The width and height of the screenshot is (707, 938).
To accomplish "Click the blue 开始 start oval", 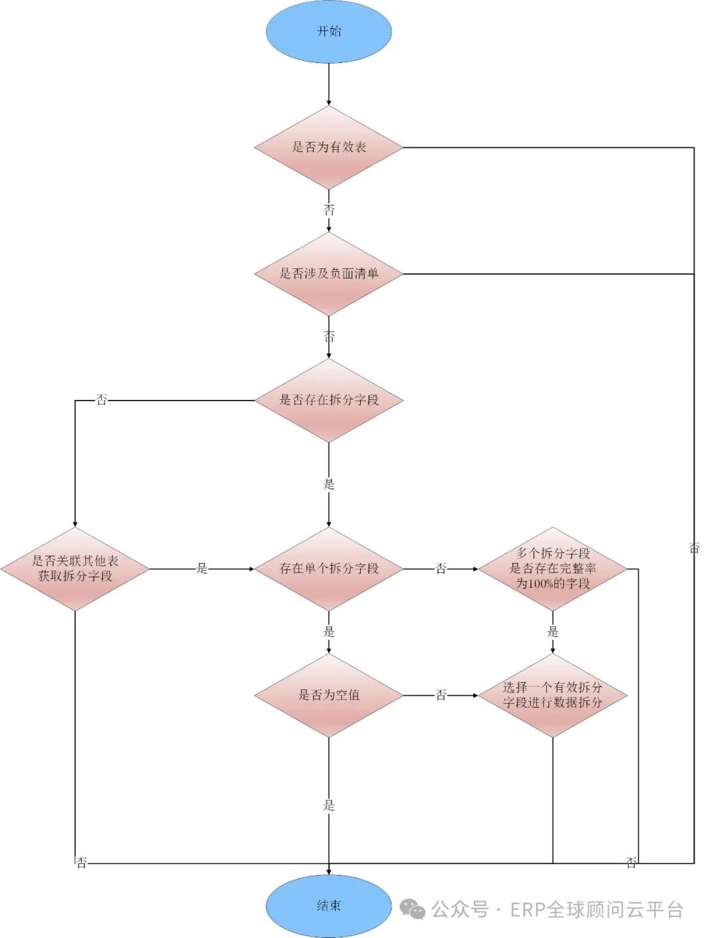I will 329,31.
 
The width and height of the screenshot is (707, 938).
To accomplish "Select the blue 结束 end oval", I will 329,906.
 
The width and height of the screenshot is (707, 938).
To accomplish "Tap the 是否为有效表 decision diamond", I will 329,147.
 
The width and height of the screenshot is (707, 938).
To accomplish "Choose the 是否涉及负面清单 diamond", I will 329,274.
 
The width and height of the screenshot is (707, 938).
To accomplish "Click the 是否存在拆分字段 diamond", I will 329,400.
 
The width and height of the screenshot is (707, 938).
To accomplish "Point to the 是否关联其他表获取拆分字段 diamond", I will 75,569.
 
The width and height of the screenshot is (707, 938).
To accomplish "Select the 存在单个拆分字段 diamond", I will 329,569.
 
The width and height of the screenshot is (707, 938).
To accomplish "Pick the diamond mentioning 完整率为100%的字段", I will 553,569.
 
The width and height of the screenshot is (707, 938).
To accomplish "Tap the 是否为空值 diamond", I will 329,695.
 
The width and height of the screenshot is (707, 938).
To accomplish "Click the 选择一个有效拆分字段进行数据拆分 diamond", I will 553,695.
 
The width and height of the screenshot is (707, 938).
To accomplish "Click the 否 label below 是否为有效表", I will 329,210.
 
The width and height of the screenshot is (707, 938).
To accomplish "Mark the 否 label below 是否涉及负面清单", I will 329,336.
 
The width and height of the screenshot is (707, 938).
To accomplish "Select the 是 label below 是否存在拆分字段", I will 329,484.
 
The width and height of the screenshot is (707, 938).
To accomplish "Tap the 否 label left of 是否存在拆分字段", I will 101,400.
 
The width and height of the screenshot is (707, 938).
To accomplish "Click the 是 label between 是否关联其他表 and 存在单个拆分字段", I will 202,569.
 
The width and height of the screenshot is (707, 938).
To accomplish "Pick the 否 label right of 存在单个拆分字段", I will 441,569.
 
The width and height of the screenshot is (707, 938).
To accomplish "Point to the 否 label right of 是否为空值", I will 441,695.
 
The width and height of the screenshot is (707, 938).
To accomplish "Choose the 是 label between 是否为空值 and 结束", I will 329,806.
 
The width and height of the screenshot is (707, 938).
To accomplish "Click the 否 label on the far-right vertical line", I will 694,548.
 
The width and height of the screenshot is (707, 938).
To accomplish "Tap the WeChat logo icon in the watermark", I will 412,909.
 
